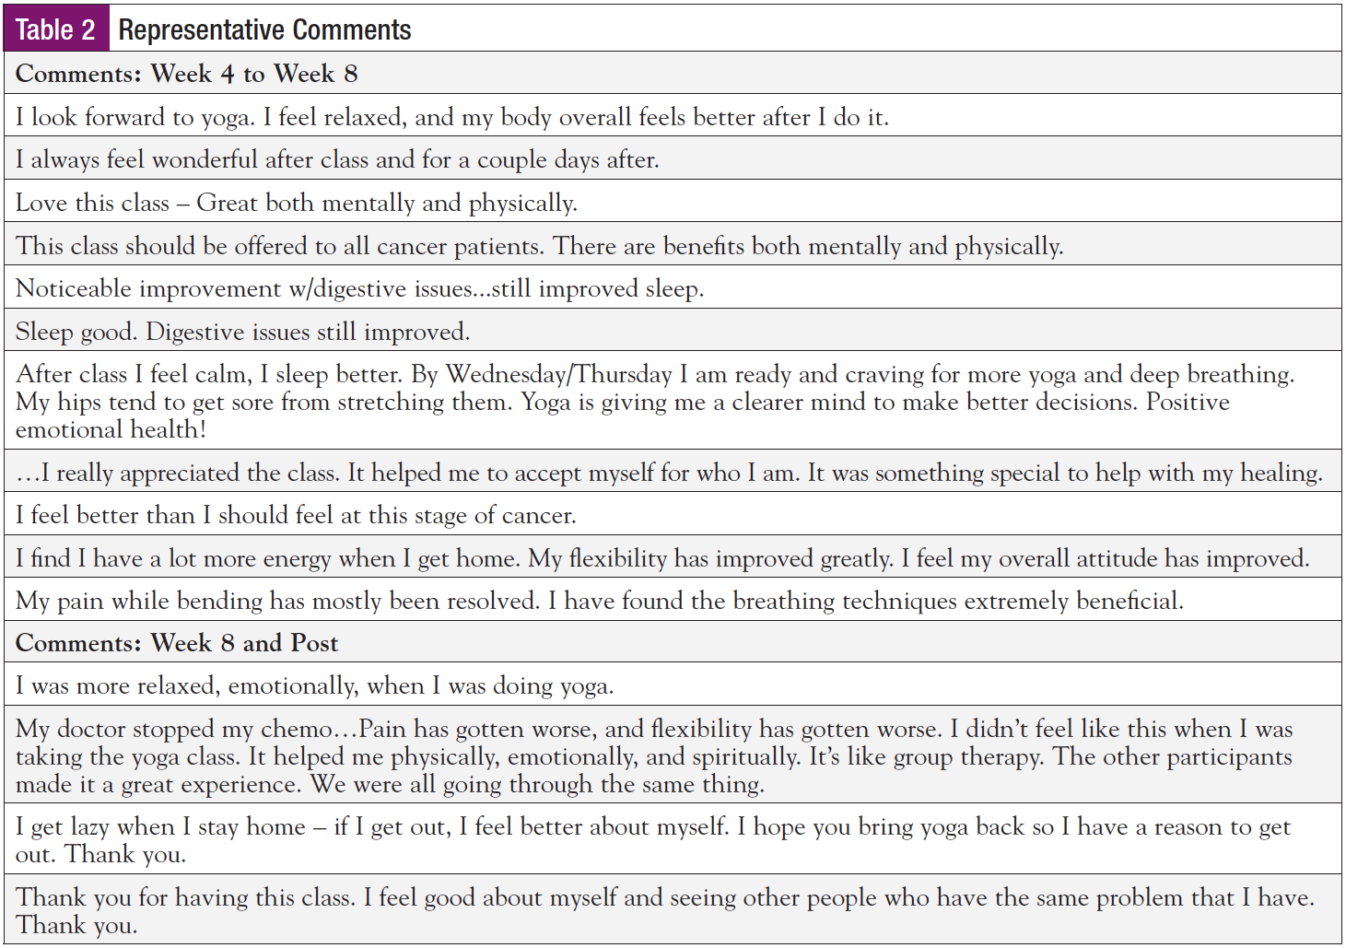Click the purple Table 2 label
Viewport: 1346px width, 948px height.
56,29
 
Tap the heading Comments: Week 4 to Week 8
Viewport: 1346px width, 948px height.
186,74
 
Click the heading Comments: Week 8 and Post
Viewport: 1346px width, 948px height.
177,643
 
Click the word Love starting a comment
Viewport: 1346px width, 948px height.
41,204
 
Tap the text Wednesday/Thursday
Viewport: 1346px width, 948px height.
559,375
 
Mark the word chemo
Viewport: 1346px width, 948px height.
296,730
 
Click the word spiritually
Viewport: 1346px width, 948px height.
745,757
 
